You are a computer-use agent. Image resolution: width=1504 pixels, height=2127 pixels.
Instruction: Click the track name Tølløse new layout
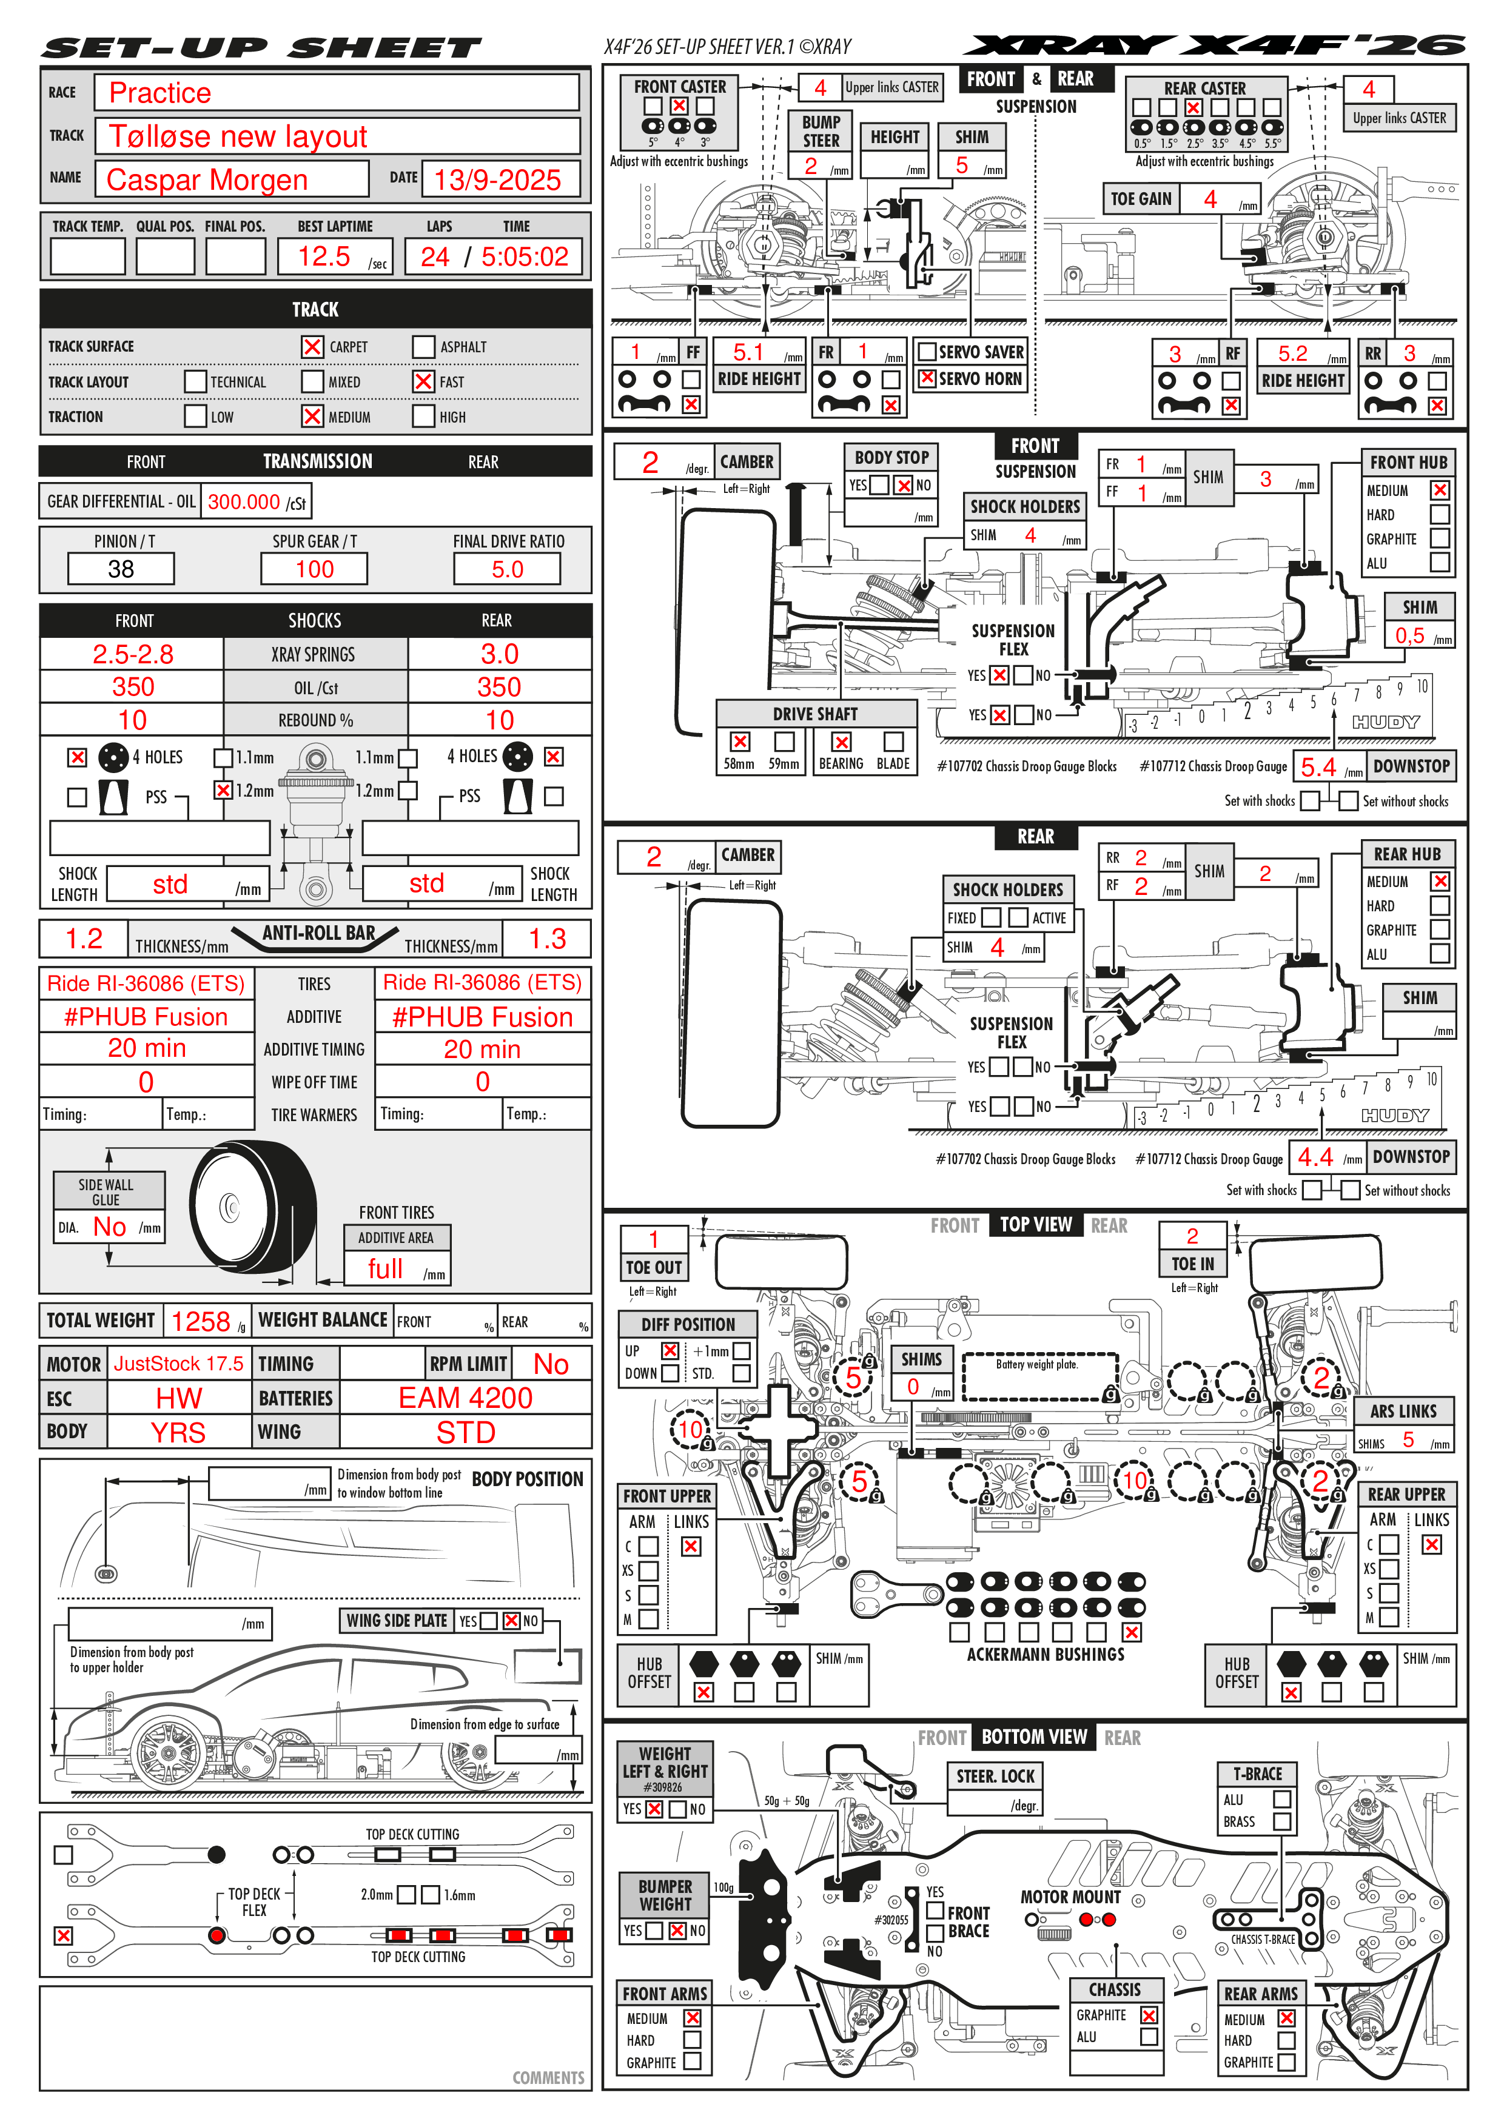pyautogui.click(x=238, y=136)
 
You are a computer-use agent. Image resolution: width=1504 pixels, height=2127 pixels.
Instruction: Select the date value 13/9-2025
pyautogui.click(x=498, y=179)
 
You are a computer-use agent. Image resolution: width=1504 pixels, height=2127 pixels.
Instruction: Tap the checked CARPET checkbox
pyautogui.click(x=312, y=346)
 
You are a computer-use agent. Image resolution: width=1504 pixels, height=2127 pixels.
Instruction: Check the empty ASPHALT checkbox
pyautogui.click(x=423, y=346)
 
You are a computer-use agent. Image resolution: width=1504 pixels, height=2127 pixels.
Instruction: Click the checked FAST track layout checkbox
pyautogui.click(x=423, y=381)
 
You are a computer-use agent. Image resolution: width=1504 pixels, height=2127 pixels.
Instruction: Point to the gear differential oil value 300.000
pyautogui.click(x=244, y=502)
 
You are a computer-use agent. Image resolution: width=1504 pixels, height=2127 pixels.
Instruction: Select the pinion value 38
pyautogui.click(x=121, y=569)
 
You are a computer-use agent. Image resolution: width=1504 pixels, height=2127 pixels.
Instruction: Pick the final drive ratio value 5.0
pyautogui.click(x=507, y=569)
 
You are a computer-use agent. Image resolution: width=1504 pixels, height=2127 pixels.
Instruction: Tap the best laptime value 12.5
pyautogui.click(x=324, y=256)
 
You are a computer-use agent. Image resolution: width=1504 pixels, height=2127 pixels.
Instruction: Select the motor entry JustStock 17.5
pyautogui.click(x=179, y=1364)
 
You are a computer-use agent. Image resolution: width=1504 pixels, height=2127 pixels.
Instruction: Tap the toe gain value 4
pyautogui.click(x=1210, y=198)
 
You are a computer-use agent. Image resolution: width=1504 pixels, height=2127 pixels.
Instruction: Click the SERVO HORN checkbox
pyautogui.click(x=927, y=378)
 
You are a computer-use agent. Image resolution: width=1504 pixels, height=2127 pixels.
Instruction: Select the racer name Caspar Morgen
pyautogui.click(x=207, y=179)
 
